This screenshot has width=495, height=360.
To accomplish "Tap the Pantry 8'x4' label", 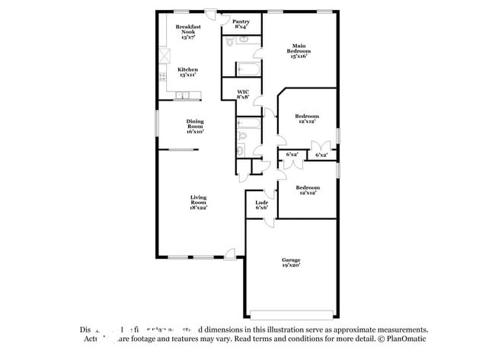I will tap(241, 24).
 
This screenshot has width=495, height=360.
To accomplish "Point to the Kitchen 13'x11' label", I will tap(187, 72).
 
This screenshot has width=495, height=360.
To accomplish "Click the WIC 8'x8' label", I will tap(243, 94).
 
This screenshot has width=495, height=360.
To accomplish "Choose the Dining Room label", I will tap(195, 126).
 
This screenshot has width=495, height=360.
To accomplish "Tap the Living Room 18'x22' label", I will tap(198, 202).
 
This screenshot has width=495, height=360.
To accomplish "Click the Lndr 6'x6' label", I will tap(260, 204).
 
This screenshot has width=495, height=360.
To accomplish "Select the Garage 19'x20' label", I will tap(289, 263).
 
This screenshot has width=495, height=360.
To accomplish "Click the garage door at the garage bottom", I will tap(292, 314).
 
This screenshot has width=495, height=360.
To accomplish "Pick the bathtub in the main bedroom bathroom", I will tap(249, 69).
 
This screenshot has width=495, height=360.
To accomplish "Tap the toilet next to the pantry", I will tap(238, 43).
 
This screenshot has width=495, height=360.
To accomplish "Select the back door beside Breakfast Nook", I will tap(214, 14).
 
